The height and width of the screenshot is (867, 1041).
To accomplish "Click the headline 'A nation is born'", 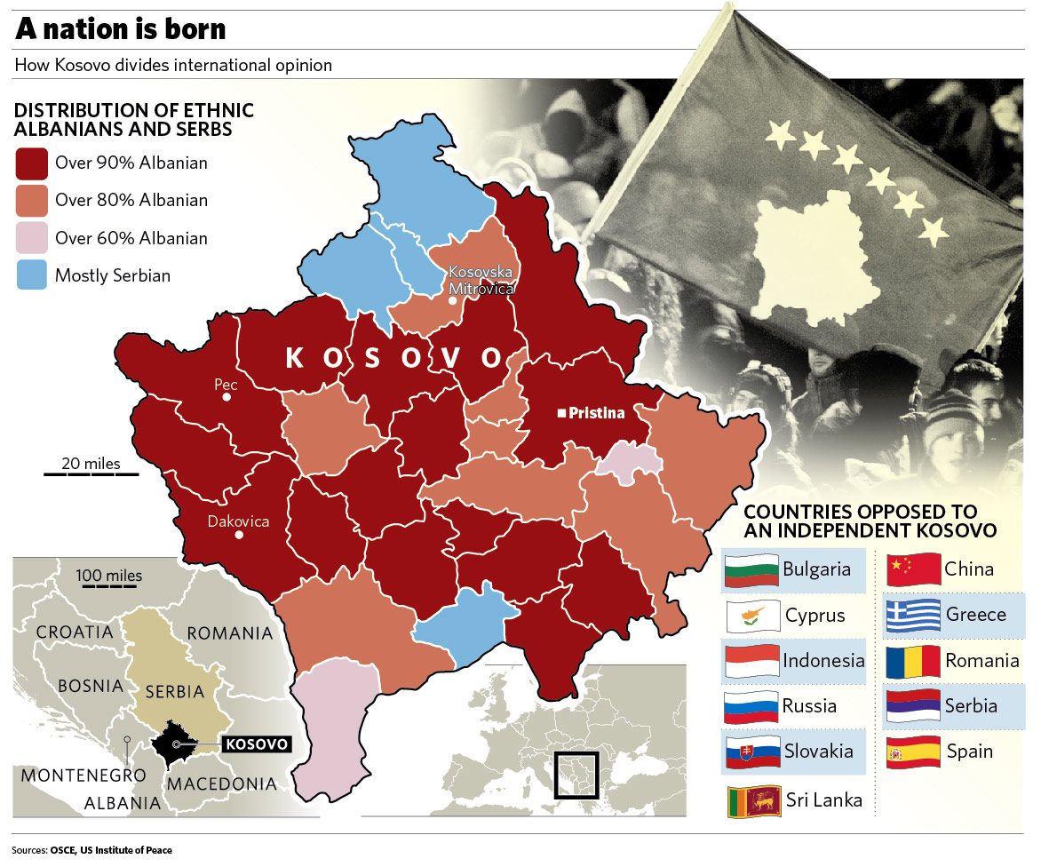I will click(x=120, y=30).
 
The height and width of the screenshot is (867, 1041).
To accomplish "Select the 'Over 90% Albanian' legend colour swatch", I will click(x=32, y=163).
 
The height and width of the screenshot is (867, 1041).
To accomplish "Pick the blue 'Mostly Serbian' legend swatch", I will click(x=32, y=275).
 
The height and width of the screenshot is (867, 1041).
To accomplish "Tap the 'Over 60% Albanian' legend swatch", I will click(x=32, y=238).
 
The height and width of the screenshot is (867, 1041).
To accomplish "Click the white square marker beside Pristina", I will click(x=561, y=413).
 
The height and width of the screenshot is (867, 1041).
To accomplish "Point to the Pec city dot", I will click(x=226, y=397).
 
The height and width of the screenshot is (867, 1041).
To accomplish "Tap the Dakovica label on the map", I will click(x=237, y=521).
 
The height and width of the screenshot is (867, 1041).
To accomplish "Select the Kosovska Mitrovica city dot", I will click(x=452, y=301).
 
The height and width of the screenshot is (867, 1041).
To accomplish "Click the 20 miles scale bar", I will click(x=91, y=473).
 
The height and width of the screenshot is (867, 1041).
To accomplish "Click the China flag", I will click(x=914, y=569).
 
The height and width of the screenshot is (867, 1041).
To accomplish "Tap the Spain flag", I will click(x=914, y=752).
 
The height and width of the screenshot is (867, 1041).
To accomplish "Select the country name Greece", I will click(x=976, y=615).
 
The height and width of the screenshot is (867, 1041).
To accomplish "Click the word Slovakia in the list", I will click(x=818, y=752).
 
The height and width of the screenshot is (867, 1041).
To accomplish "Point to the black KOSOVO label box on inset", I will click(x=258, y=744).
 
